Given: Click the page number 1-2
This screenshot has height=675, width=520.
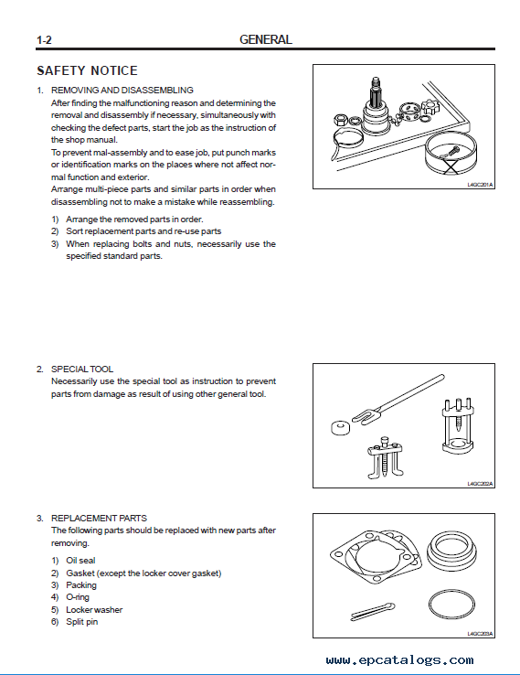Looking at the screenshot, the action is [x=44, y=40].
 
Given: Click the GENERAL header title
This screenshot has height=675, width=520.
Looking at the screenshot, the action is [x=265, y=39].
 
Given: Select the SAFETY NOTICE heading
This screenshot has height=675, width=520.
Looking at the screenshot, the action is [x=88, y=70].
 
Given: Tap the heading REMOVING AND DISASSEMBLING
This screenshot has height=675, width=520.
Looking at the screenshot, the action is [x=122, y=90].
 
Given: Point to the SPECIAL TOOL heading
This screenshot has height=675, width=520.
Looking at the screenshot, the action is [x=82, y=369].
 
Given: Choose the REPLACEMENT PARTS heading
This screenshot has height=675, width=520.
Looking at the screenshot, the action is [x=99, y=518].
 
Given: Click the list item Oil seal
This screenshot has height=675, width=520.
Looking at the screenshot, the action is [x=80, y=560].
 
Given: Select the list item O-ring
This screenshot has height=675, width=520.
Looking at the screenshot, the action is [x=78, y=597].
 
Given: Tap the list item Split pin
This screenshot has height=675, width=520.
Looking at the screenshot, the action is [x=81, y=622].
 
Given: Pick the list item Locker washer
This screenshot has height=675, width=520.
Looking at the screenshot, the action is [x=94, y=609].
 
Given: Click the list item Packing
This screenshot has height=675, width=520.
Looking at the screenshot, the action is [x=81, y=585].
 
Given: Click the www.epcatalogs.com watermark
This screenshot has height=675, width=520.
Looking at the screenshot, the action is [x=399, y=660].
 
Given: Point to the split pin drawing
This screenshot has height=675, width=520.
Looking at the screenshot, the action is [x=373, y=611].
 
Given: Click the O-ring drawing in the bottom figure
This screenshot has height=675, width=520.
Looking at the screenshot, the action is [x=451, y=604].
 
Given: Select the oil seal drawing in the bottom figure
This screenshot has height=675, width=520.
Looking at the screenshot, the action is [x=451, y=551].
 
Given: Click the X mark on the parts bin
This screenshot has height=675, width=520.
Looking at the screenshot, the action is [x=451, y=166].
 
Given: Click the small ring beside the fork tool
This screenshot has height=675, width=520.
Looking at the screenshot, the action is [x=340, y=427].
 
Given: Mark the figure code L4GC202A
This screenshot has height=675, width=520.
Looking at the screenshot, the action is [x=480, y=484].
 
